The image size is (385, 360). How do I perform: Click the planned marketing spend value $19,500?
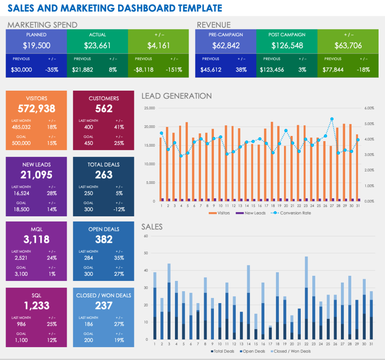[x=36, y=46]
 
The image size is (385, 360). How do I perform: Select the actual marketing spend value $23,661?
[x=98, y=46]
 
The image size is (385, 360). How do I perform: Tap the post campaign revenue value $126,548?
[x=287, y=46]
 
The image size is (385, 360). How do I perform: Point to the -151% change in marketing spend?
[x=174, y=70]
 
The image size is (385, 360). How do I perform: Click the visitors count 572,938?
[x=36, y=109]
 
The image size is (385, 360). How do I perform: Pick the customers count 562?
[x=104, y=109]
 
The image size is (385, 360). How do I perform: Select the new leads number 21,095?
[x=36, y=175]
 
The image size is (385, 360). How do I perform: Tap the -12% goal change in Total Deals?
[x=119, y=210]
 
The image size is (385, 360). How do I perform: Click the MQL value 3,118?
[x=36, y=239]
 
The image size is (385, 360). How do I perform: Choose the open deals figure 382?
[x=104, y=239]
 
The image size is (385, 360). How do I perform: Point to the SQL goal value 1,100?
[x=21, y=340]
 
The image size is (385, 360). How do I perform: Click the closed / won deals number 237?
[x=104, y=306]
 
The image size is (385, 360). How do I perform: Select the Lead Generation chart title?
[x=176, y=96]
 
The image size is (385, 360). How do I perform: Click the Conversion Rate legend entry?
[x=295, y=213]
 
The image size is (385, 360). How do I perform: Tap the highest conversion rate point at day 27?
[x=332, y=119]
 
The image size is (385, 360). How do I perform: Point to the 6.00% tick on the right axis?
[x=369, y=108]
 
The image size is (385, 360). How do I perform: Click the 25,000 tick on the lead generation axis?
[x=149, y=108]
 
